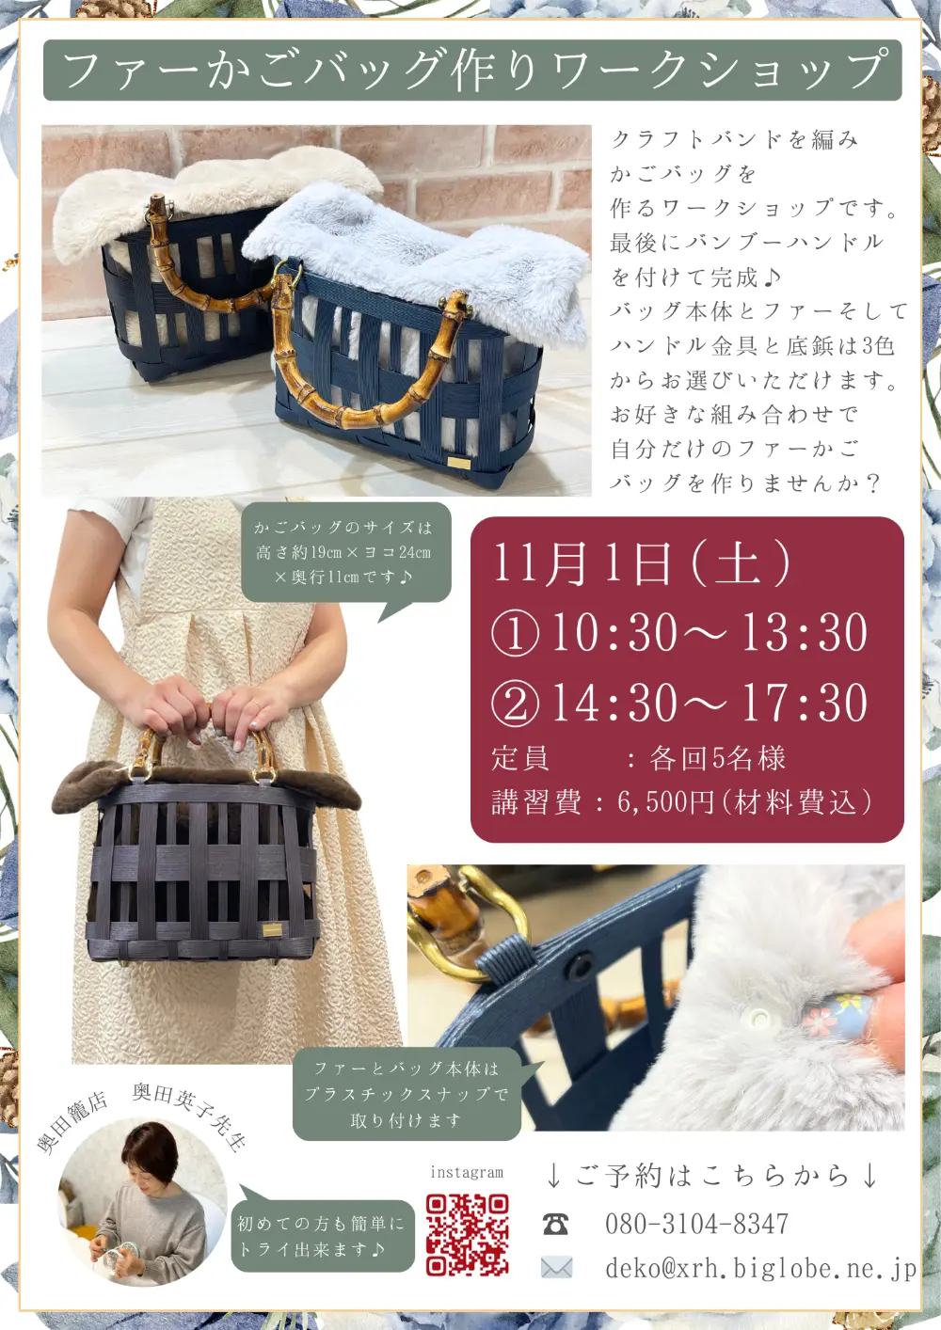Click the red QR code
468,1235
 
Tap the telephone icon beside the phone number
556,1225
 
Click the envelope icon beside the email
557,1268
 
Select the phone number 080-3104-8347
697,1224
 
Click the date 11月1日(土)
642,562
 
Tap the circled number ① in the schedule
515,634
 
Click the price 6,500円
664,802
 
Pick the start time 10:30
614,633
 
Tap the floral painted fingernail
838,1014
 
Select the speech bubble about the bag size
345,553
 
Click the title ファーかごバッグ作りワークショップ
472,70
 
